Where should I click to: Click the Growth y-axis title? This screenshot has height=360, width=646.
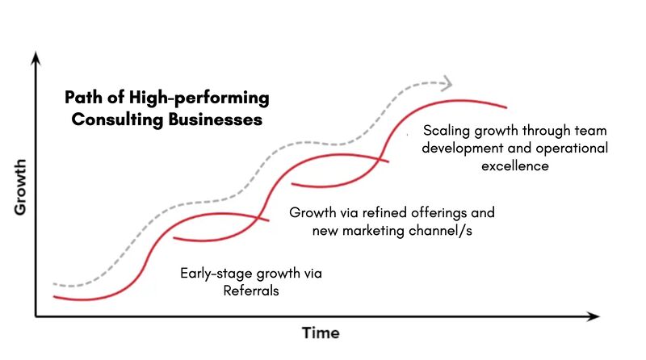pos(20,187)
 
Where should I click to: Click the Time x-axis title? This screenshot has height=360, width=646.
pos(321,333)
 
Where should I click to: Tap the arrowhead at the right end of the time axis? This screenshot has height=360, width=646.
pos(594,316)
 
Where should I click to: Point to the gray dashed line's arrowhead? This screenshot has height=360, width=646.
pos(447,84)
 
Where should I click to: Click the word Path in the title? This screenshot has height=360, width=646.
pos(83,98)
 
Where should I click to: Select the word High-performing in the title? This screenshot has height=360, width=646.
pos(199,98)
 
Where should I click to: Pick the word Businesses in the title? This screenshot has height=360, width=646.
pos(215,119)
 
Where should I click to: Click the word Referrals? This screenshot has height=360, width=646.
pos(251,291)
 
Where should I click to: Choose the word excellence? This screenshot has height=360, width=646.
pos(515,166)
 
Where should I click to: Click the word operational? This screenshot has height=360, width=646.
pos(572,149)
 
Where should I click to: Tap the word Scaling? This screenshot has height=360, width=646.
pos(447,131)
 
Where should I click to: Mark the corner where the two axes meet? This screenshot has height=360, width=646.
pos(36,316)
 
